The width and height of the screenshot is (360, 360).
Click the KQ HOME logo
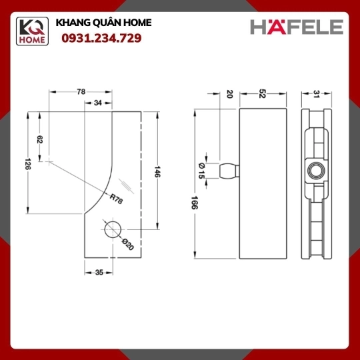tap(32, 31)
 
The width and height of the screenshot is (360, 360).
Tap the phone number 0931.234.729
tap(101, 38)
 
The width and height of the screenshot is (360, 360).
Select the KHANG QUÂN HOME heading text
tap(103, 23)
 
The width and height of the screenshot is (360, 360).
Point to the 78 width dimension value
tap(81, 92)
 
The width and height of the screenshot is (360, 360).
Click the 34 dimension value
tap(98, 103)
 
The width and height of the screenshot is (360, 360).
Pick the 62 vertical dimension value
tap(40, 139)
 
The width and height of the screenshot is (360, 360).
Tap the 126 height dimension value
tap(28, 164)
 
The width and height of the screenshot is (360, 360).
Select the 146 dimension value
tap(157, 171)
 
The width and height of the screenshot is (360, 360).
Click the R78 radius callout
tap(116, 199)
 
